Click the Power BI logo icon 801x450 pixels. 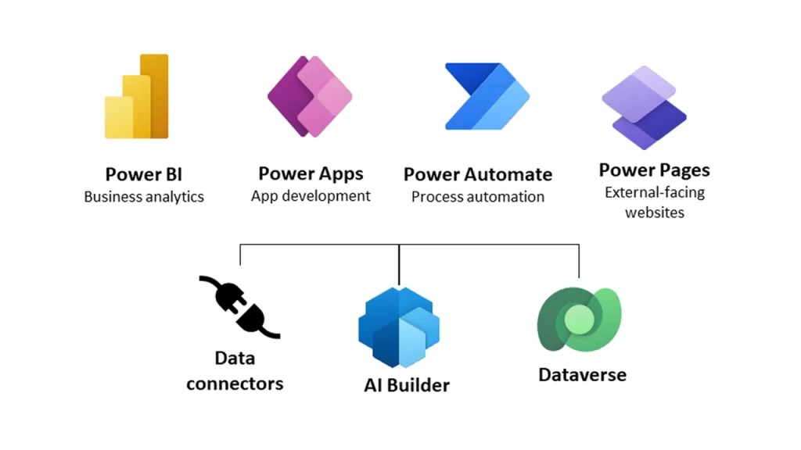pos(137,97)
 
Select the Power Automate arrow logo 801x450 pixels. pos(487,96)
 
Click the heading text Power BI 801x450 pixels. pos(144,174)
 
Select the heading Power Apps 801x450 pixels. pos(311,173)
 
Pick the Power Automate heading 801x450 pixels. pos(478,174)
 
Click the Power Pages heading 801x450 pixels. pos(654,170)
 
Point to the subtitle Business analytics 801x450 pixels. pos(144,197)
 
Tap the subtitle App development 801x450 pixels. pos(311,196)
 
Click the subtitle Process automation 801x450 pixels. pos(478,197)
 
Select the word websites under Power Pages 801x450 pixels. pos(655,212)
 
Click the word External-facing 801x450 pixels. pos(655,192)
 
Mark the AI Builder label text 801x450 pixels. pos(407,385)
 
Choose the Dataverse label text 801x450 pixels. pos(582,375)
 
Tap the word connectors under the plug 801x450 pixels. pos(235,384)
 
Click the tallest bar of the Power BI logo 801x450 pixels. pos(156,95)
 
